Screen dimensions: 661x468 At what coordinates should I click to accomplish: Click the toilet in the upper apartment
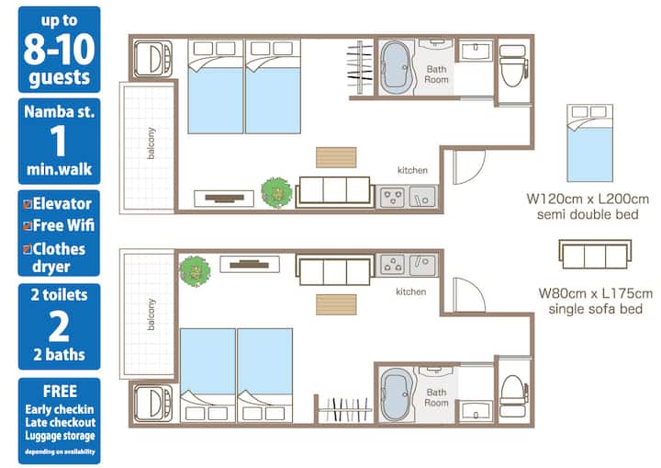click(x=513, y=64)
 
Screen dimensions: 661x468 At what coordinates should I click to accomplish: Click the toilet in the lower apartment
click(x=513, y=395)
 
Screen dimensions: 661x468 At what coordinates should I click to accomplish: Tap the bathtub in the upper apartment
click(x=396, y=68)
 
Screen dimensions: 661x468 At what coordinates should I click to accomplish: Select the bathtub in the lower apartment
click(x=396, y=394)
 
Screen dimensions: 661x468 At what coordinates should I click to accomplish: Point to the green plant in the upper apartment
click(x=276, y=192)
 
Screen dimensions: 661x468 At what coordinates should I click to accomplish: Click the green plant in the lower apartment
click(x=195, y=271)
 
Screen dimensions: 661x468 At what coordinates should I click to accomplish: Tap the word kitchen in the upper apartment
click(x=412, y=170)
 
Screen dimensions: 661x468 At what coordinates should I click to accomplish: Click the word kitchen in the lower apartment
click(x=410, y=291)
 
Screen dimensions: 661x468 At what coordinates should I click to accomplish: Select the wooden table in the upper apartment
click(x=336, y=157)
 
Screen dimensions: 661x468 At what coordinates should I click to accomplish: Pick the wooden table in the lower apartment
click(x=336, y=304)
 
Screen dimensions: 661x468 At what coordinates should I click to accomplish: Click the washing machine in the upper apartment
click(x=152, y=59)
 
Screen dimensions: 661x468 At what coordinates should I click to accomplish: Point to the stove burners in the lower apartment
click(x=393, y=265)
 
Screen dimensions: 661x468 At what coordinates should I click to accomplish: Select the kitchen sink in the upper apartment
click(x=422, y=197)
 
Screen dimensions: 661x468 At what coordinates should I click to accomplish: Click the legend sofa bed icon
click(x=595, y=255)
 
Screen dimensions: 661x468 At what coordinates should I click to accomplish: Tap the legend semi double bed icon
click(x=589, y=143)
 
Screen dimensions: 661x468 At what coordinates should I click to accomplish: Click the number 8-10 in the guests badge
click(x=59, y=49)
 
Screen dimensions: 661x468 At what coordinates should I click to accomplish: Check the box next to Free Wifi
click(x=28, y=226)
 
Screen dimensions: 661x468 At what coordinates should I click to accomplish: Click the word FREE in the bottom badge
click(x=60, y=392)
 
